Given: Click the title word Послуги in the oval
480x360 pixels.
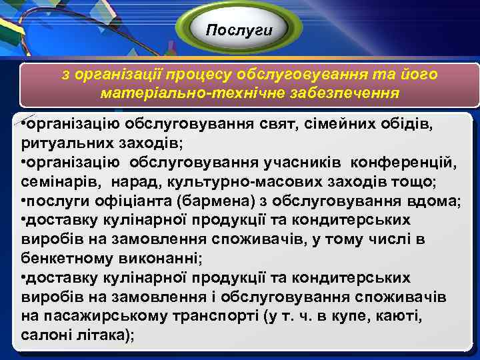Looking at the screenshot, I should [x=239, y=30].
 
